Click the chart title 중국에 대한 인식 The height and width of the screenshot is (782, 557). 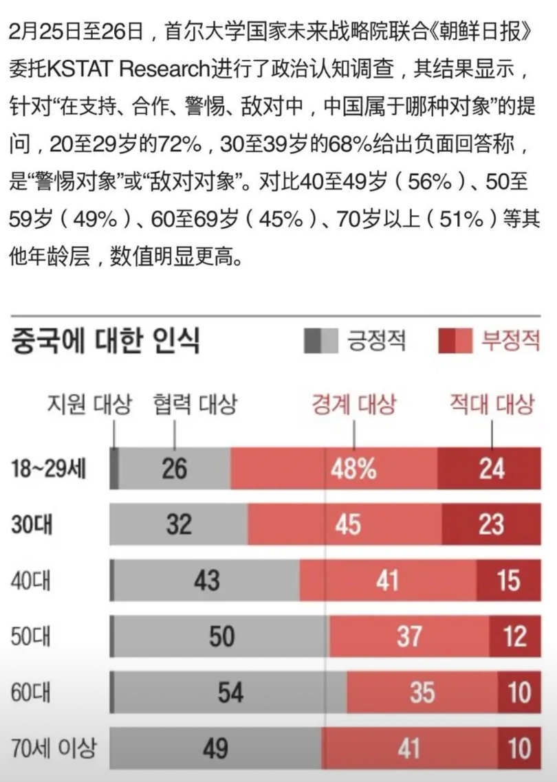(105, 342)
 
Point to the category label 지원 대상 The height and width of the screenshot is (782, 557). (89, 405)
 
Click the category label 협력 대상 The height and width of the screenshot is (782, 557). (195, 405)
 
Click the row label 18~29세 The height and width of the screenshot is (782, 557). (49, 469)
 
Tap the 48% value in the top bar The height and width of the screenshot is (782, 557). (353, 469)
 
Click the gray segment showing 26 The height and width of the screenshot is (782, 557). (175, 469)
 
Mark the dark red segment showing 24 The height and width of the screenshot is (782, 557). (492, 469)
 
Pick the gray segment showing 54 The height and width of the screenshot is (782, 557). (230, 692)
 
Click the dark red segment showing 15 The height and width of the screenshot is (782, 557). (509, 581)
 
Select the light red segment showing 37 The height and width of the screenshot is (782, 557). (409, 636)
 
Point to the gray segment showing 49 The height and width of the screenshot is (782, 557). (215, 748)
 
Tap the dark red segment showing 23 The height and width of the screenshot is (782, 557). (491, 525)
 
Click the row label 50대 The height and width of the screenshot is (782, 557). (31, 636)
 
